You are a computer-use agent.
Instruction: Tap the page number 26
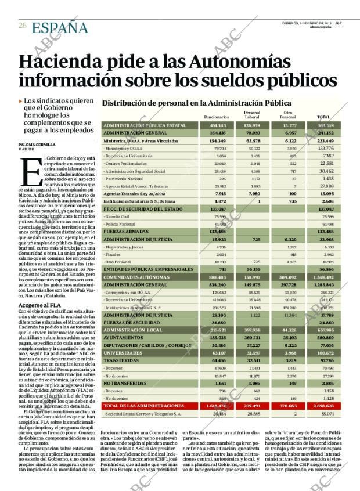tap(23, 26)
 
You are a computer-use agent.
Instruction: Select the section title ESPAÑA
tap(60, 27)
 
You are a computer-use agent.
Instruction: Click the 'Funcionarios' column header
tap(217, 117)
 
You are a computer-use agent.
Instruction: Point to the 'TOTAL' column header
tap(323, 117)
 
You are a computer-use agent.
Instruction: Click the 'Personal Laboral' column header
tap(252, 114)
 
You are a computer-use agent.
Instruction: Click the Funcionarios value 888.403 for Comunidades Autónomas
tap(217, 277)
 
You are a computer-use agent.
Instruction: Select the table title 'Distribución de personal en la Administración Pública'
tap(196, 103)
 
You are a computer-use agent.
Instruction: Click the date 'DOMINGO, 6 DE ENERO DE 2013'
tap(307, 23)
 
